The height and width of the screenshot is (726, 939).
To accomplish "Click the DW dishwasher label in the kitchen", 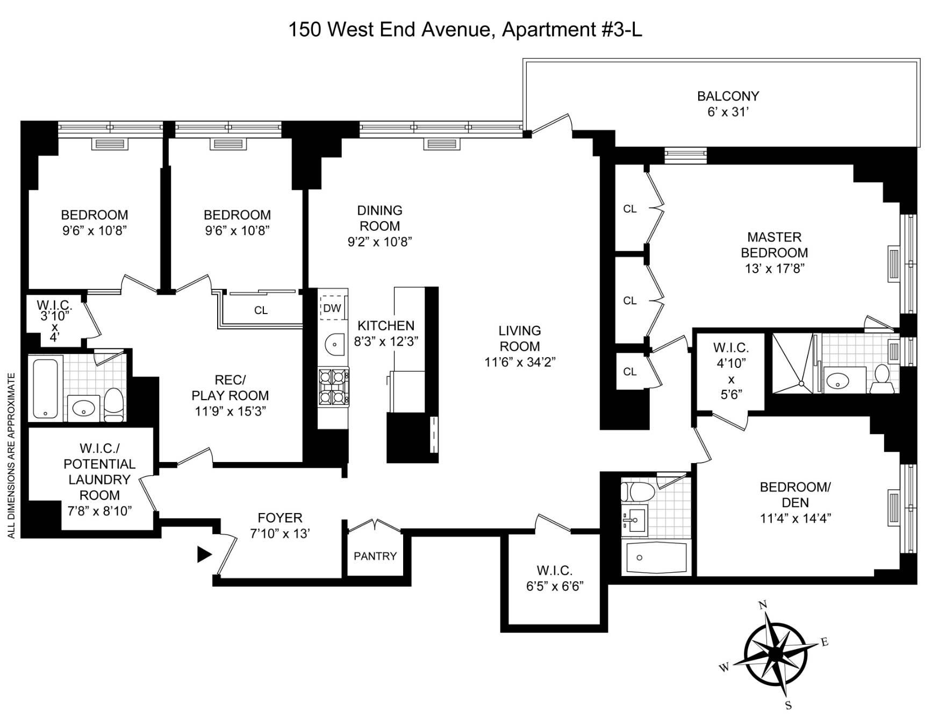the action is [332, 309].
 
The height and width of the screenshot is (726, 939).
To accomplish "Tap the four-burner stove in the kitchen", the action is [333, 387].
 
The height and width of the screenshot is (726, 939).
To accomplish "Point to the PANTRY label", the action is [375, 556].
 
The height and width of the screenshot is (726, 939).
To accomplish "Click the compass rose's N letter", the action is [762, 605].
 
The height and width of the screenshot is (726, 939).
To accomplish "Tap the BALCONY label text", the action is [728, 96].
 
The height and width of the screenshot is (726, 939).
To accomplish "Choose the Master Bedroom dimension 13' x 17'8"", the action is [774, 268].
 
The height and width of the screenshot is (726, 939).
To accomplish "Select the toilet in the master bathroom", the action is [882, 379].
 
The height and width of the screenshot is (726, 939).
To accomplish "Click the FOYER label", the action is [280, 518].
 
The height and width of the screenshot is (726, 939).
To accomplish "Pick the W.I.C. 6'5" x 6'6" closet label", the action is [555, 578].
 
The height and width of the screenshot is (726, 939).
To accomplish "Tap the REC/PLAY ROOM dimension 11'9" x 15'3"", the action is [230, 411].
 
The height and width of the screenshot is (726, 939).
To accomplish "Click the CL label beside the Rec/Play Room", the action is [261, 310].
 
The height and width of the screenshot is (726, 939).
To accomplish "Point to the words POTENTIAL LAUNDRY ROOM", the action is [99, 479].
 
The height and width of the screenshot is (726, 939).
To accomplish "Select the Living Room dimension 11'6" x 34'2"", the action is [520, 362].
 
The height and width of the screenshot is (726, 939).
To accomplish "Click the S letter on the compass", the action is [788, 706].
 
